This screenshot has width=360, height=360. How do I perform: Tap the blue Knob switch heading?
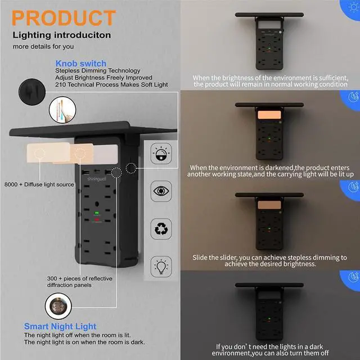click(x=81, y=64)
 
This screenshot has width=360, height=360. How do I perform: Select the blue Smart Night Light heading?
click(x=60, y=326)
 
